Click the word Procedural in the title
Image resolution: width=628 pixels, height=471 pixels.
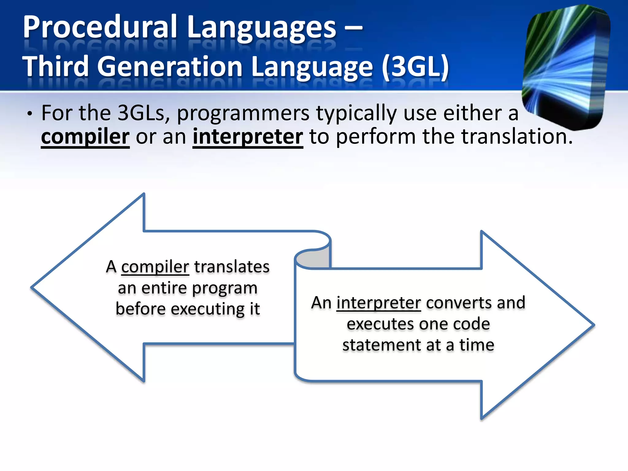[x=100, y=28]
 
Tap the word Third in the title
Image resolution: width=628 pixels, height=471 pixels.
[x=56, y=67]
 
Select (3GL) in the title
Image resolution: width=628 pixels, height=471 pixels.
[x=416, y=67]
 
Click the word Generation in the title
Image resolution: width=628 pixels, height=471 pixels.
[x=170, y=67]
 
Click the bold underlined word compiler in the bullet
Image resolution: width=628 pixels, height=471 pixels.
[x=85, y=137]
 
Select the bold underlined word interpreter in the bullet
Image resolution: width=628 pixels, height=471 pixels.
[x=248, y=137]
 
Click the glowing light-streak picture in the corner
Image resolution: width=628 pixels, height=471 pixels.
[x=566, y=66]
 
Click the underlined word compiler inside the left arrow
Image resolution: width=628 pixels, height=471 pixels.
[x=155, y=267]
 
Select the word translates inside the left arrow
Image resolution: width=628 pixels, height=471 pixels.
[x=232, y=267]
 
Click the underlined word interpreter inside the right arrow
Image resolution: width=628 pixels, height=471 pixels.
[x=378, y=303]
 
